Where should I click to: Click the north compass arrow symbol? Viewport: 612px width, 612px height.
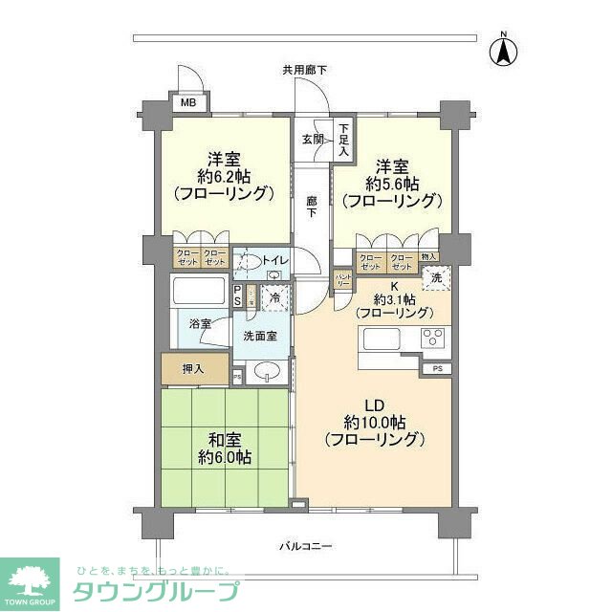point(501,50)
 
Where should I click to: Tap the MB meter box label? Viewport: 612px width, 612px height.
point(188,102)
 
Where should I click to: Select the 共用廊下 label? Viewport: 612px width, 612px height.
point(304,70)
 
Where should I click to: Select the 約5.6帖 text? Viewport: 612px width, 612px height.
point(394,183)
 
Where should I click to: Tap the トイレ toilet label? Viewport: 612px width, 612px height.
point(274,257)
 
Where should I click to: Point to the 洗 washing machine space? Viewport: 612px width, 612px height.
point(436,278)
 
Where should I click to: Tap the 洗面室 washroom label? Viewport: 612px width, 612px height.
point(258,336)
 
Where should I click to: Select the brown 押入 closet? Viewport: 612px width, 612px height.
point(194,367)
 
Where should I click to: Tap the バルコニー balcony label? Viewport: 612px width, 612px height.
point(305,546)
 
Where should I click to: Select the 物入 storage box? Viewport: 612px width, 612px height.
point(428,256)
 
